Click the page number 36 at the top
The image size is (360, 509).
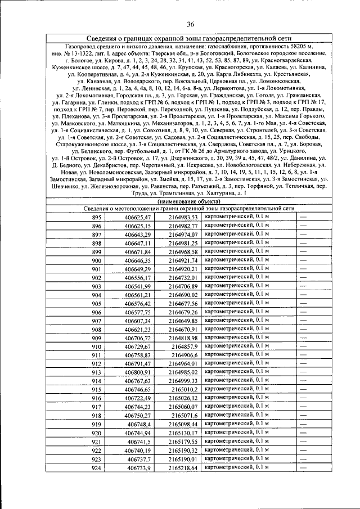tap(190, 23)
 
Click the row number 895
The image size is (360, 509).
tap(96, 217)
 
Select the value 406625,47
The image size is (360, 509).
tap(138, 217)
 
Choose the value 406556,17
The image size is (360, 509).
tap(138, 278)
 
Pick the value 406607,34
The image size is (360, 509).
tap(138, 321)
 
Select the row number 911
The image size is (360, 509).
tap(96, 355)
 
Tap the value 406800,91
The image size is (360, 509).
tap(138, 372)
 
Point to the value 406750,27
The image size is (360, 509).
tap(138, 415)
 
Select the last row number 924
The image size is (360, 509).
tap(96, 467)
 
